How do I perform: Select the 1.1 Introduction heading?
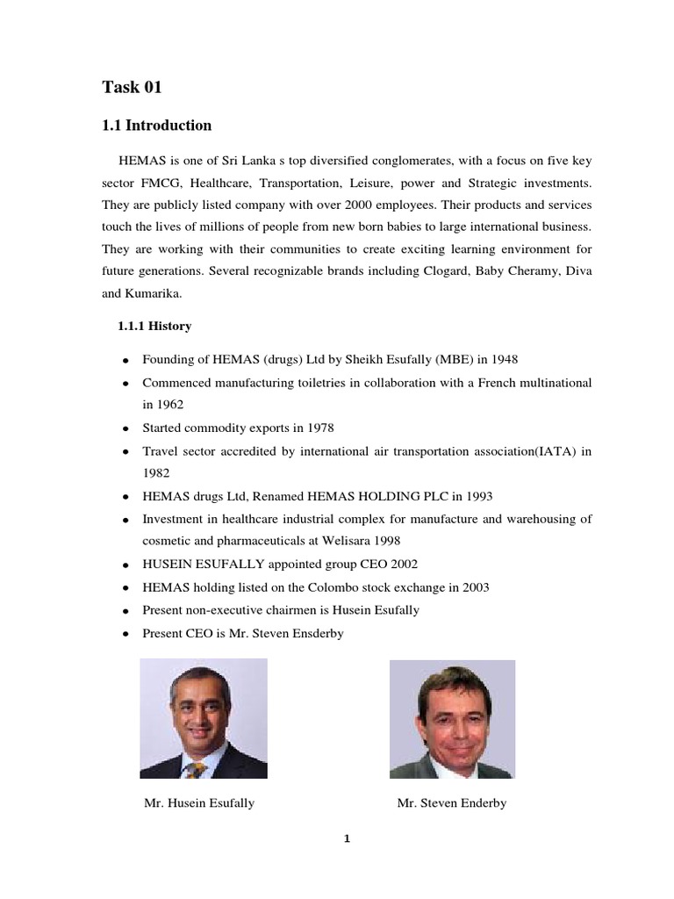[157, 126]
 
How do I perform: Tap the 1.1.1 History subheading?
[154, 326]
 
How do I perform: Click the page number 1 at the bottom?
[347, 838]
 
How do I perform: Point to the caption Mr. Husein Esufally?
[198, 802]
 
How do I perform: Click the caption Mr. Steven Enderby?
[451, 802]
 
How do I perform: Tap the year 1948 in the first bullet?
[513, 360]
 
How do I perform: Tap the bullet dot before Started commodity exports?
[126, 429]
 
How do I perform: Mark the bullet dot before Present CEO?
[126, 633]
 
